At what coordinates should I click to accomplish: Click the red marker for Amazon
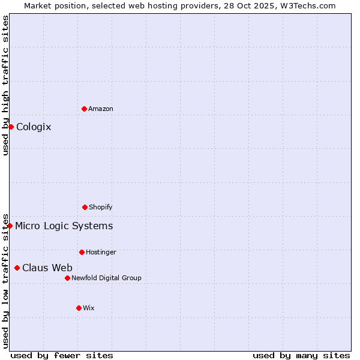click(84, 109)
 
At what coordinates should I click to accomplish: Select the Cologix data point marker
click(11, 127)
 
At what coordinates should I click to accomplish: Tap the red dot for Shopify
click(85, 207)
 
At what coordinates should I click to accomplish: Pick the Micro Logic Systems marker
click(10, 226)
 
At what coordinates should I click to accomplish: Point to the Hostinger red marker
click(82, 252)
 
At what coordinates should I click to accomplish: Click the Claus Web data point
click(17, 268)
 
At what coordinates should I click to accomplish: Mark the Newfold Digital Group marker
click(67, 278)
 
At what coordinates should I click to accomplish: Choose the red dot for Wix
click(79, 308)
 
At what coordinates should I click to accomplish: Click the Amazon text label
click(101, 109)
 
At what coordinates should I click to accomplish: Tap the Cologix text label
click(34, 127)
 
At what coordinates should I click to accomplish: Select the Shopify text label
click(101, 207)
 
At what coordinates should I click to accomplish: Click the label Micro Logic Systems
click(64, 226)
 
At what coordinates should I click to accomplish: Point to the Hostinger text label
click(101, 252)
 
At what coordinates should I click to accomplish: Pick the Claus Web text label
click(47, 268)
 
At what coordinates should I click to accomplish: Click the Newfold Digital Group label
click(107, 278)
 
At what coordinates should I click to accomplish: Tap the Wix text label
click(89, 308)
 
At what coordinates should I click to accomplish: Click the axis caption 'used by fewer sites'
click(62, 355)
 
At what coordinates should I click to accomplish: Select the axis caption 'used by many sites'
click(301, 355)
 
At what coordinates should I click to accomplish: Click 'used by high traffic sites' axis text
click(5, 85)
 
